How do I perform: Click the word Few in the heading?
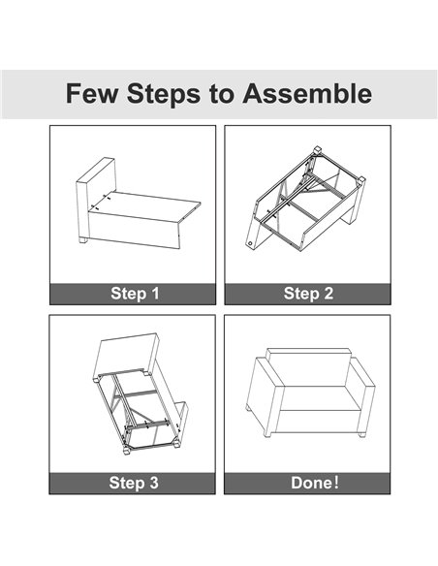coord(92,93)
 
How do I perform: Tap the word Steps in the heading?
coord(164,94)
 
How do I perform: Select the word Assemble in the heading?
coord(307,93)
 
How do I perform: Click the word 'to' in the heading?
coord(221,95)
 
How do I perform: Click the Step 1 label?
coord(135,294)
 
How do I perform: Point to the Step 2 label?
coord(308,294)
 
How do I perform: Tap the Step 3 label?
coord(134,483)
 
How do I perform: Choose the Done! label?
coord(315,483)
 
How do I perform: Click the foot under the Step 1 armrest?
coord(83,239)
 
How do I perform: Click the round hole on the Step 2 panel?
coord(250,243)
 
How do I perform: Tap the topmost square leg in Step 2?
coord(317,150)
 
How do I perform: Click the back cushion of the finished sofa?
coord(308,367)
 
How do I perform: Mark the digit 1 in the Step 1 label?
coord(155,294)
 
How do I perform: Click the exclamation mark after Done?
coord(337,483)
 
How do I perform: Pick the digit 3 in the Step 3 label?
coord(154,483)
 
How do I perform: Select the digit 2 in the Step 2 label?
coord(328,294)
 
